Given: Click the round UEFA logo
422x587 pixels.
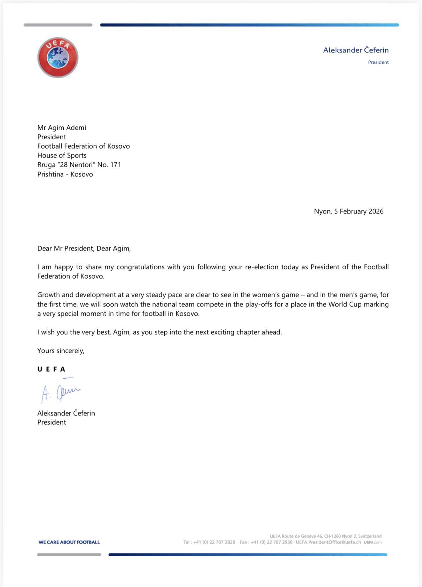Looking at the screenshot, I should [x=58, y=58].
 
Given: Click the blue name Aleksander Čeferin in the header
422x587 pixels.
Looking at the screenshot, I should [x=356, y=50].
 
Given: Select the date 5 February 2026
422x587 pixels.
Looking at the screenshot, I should [x=359, y=212].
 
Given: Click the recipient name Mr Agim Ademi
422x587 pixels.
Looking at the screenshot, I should [x=62, y=127].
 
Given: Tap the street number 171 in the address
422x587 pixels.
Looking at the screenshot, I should [x=115, y=165].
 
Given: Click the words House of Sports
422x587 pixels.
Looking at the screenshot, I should [x=62, y=156].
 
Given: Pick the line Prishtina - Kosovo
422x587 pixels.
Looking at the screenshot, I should [x=65, y=174].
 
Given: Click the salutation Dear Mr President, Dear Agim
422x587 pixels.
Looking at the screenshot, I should [x=84, y=249].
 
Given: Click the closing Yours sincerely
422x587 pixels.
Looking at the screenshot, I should [x=61, y=351].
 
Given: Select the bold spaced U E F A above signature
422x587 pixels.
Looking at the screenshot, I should [x=51, y=369].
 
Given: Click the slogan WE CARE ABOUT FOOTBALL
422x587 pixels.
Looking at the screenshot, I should [x=69, y=542].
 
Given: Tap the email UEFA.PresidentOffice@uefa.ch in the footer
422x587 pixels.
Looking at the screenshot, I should [x=328, y=542].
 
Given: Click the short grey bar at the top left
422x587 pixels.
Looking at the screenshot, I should [x=58, y=25].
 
